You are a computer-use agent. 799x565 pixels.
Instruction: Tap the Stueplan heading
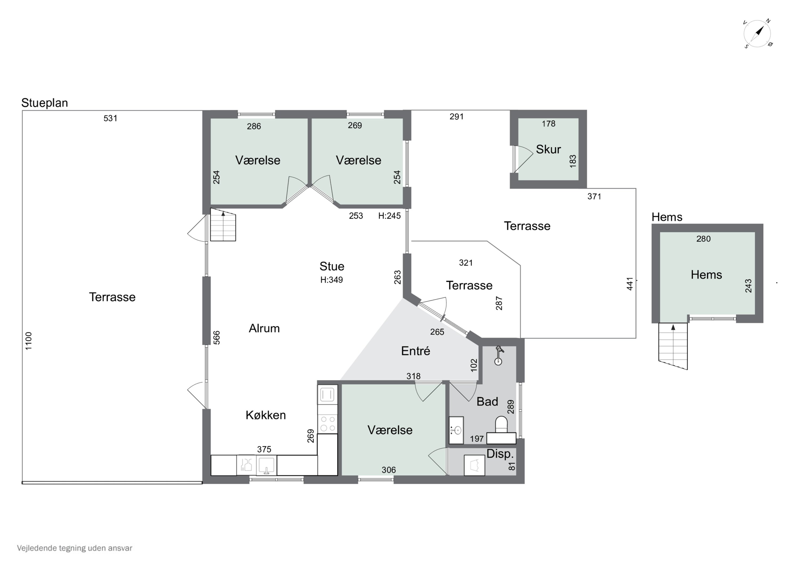(44, 103)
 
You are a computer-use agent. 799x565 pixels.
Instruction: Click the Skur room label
(548, 149)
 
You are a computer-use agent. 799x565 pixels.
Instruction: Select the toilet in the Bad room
(501, 424)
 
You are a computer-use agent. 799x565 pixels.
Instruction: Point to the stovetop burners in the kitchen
(328, 424)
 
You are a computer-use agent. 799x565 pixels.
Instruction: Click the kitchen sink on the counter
(266, 465)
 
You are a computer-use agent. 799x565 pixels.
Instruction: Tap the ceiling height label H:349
(332, 280)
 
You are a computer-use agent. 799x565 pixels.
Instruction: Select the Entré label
(415, 351)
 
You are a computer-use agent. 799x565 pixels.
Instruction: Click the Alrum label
(264, 328)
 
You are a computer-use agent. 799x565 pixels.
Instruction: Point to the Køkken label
(266, 415)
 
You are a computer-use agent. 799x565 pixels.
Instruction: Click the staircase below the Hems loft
(673, 346)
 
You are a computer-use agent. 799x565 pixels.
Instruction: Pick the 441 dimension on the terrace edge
(630, 284)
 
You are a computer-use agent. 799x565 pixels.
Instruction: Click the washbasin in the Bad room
(456, 430)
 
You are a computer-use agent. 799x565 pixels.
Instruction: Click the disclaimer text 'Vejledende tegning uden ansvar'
(75, 548)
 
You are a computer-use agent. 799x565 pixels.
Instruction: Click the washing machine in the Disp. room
(474, 465)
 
